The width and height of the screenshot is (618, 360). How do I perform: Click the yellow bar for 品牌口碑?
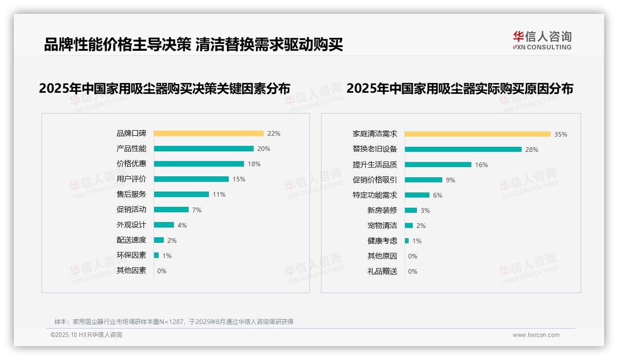[x=208, y=133]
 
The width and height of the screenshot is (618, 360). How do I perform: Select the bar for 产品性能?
[x=203, y=149]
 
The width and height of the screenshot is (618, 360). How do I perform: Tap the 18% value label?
[x=254, y=164]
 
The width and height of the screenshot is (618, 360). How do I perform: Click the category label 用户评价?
[x=131, y=179]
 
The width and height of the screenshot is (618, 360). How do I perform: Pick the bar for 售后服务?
[x=181, y=194]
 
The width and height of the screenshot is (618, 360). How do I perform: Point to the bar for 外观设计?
[x=164, y=225]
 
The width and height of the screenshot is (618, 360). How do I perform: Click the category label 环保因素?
[x=131, y=255]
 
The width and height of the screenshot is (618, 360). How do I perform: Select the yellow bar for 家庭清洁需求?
[x=477, y=134]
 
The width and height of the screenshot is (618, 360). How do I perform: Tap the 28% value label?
[x=532, y=150]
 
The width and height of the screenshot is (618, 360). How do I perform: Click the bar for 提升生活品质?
[x=438, y=165]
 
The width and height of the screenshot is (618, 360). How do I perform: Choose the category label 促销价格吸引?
[x=375, y=180]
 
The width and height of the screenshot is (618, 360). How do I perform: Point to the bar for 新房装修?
[x=411, y=210]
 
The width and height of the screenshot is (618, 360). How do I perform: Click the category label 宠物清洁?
[x=382, y=226]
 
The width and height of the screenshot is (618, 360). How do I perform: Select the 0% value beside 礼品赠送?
[x=413, y=271]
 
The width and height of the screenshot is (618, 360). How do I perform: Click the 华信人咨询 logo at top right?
[x=542, y=41]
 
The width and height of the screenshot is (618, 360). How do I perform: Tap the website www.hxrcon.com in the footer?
[x=536, y=335]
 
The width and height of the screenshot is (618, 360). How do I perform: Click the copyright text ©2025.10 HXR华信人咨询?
[x=86, y=335]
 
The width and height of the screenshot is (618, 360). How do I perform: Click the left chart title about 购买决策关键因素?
[x=165, y=89]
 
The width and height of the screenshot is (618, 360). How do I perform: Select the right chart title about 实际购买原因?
[x=460, y=89]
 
